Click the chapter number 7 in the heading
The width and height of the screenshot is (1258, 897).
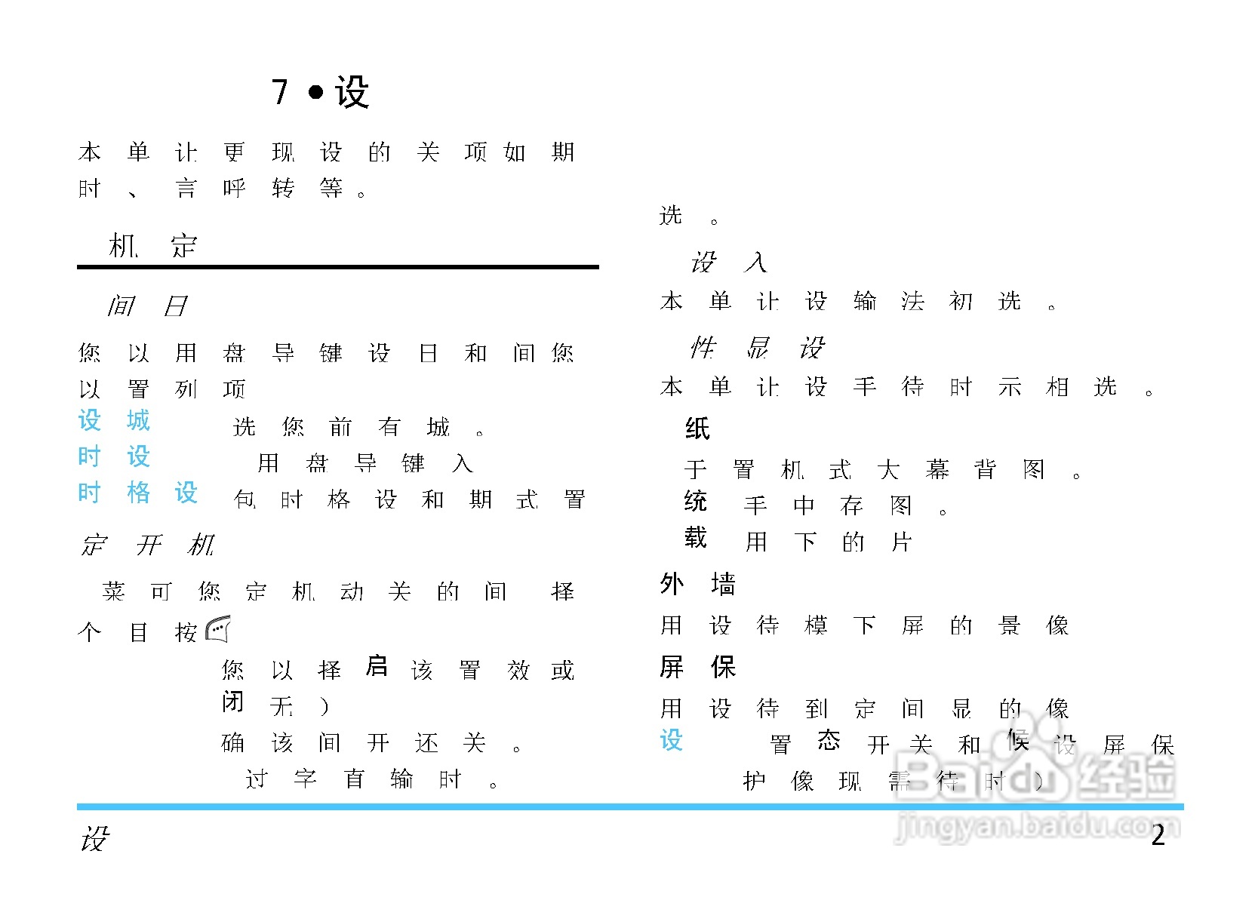(x=280, y=93)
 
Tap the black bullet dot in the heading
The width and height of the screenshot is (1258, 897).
(x=315, y=93)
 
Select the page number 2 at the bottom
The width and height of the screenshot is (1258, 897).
(x=1158, y=835)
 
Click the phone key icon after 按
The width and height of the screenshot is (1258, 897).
(x=217, y=629)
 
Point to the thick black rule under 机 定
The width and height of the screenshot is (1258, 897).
(x=337, y=266)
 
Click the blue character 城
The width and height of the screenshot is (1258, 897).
(x=138, y=420)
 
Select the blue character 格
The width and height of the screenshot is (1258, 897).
(x=138, y=493)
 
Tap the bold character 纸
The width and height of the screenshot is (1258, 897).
(x=697, y=429)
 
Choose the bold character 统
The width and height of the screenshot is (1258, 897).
(x=695, y=501)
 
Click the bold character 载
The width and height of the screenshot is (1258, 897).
(x=695, y=538)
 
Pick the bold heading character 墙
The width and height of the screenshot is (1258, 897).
(x=723, y=583)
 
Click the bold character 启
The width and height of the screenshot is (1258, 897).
(x=376, y=665)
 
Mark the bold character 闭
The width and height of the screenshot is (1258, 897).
(x=232, y=702)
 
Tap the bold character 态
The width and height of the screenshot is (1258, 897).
(x=829, y=740)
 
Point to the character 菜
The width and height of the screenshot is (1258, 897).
(x=114, y=591)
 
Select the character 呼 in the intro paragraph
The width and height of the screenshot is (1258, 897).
(x=234, y=188)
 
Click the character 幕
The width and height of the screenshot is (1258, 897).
(x=937, y=470)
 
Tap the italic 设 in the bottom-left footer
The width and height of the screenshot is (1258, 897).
(x=95, y=837)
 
